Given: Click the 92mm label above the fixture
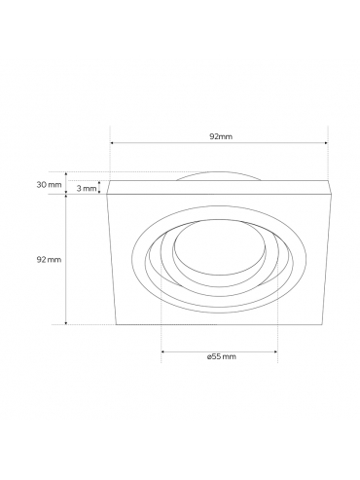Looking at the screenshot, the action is [221, 136].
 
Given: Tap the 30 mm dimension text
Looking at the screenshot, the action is [49, 185].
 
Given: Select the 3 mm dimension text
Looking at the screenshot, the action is [87, 188].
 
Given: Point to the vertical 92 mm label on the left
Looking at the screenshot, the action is [49, 260].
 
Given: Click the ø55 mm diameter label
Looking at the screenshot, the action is [221, 356].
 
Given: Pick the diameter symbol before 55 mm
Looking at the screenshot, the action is [209, 357].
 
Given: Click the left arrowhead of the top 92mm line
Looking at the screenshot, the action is [112, 143].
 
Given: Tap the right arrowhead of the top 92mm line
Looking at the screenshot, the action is [326, 143].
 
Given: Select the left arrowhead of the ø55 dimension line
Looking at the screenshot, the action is [163, 351].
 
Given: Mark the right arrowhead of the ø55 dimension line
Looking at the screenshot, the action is [276, 351].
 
